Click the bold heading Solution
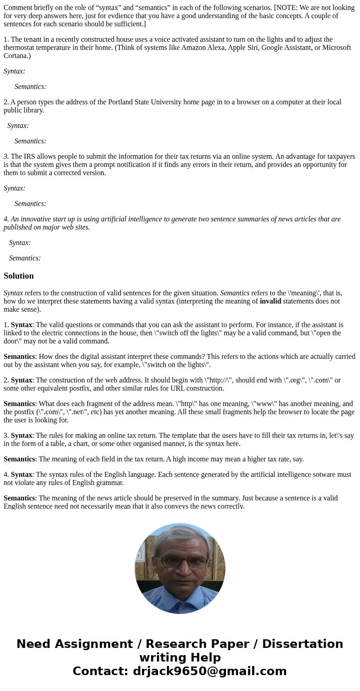(19, 276)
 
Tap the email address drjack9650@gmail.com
(209, 671)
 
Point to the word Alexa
(218, 48)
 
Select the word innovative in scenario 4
(36, 219)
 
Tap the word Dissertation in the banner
(302, 644)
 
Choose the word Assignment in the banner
(94, 644)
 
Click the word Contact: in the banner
(101, 671)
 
